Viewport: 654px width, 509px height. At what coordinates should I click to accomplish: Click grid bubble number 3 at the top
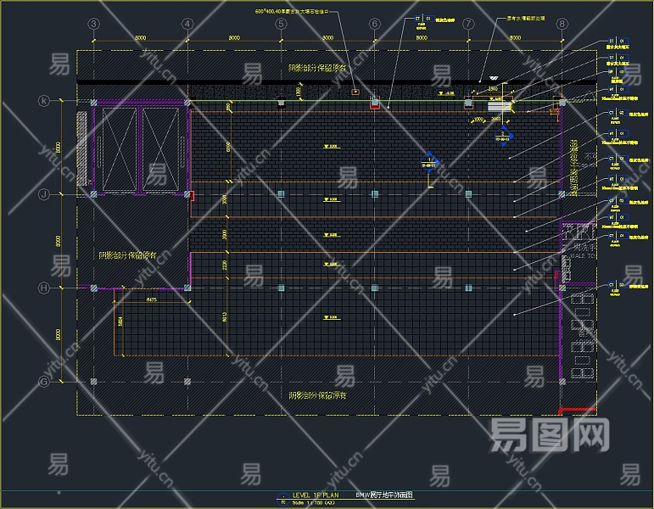pyautogui.click(x=93, y=24)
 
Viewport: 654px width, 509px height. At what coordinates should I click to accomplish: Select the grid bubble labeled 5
pyautogui.click(x=281, y=24)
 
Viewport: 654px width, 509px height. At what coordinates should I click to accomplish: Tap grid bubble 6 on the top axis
pyautogui.click(x=374, y=24)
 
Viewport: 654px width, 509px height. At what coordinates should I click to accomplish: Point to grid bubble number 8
pyautogui.click(x=562, y=24)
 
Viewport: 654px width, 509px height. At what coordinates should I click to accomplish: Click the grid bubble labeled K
pyautogui.click(x=44, y=101)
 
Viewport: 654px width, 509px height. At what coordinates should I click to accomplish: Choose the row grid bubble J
pyautogui.click(x=44, y=194)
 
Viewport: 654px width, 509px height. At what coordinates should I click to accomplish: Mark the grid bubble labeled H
pyautogui.click(x=44, y=288)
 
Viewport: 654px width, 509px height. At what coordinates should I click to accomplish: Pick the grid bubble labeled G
pyautogui.click(x=44, y=382)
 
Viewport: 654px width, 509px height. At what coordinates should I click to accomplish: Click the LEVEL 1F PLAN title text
pyautogui.click(x=315, y=494)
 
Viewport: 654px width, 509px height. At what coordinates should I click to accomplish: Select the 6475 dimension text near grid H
pyautogui.click(x=151, y=299)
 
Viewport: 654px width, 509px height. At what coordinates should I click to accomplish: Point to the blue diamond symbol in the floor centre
pyautogui.click(x=430, y=164)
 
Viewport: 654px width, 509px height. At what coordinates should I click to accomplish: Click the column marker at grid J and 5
pyautogui.click(x=281, y=194)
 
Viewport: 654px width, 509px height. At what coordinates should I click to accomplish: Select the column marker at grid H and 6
pyautogui.click(x=374, y=288)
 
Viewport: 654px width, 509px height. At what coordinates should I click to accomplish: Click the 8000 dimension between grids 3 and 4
pyautogui.click(x=140, y=37)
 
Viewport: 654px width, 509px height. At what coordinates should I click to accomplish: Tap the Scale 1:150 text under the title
pyautogui.click(x=314, y=502)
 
